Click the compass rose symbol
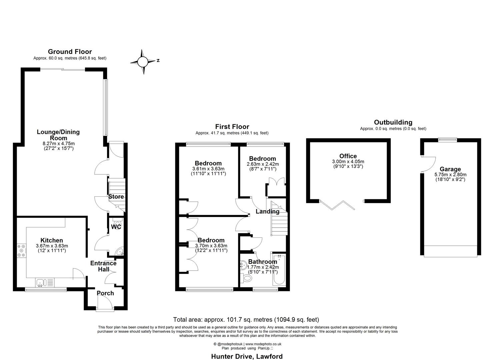coord(143,62)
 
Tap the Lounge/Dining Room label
coord(58,135)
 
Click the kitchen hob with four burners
coord(21,251)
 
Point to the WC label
coord(116,227)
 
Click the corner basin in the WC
coord(120,251)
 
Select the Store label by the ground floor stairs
coord(116,197)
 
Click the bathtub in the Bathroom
coord(278,270)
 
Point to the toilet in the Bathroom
coord(247,278)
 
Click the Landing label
coord(267,211)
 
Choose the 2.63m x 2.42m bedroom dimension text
coord(263,164)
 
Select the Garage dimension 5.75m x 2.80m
coord(450,175)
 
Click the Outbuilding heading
coord(393,122)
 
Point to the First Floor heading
coord(232,127)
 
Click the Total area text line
coord(246,320)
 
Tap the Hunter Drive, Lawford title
coord(247,356)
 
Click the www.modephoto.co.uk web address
coord(263,344)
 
